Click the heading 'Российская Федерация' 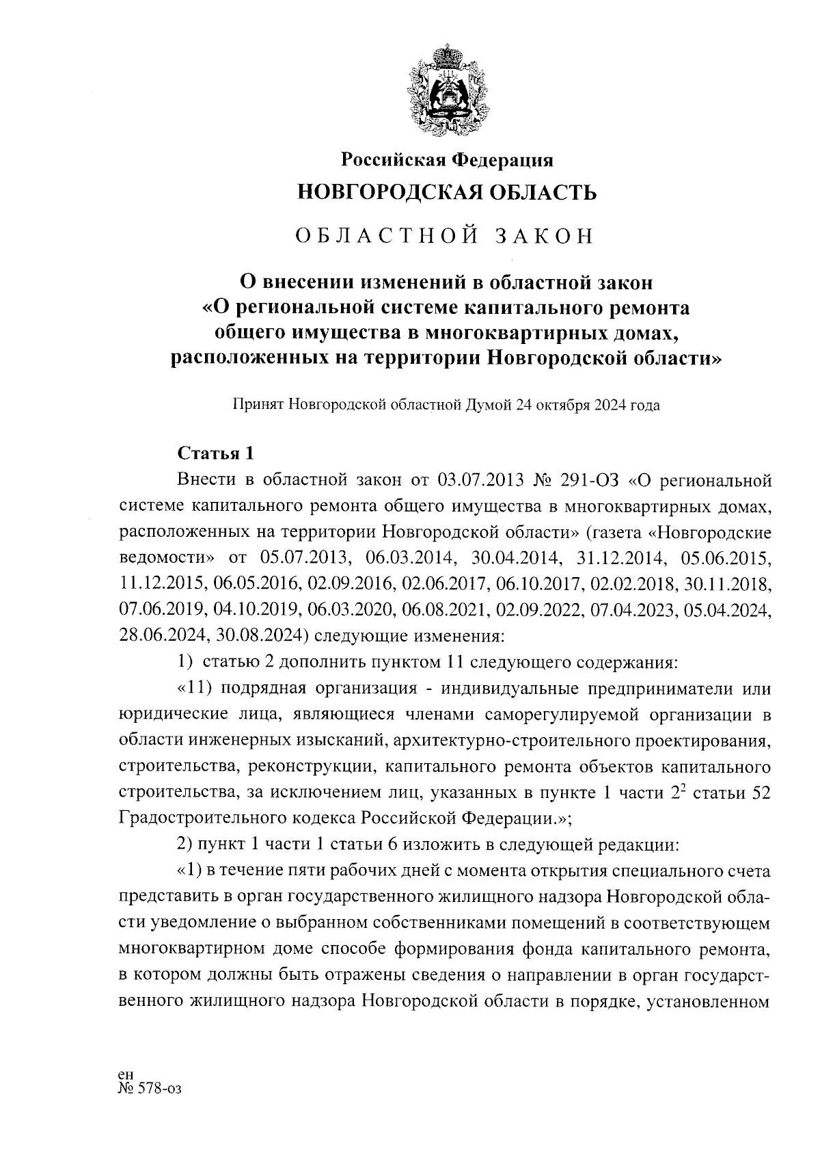click(447, 159)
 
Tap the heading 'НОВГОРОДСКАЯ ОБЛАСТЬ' click(447, 193)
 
